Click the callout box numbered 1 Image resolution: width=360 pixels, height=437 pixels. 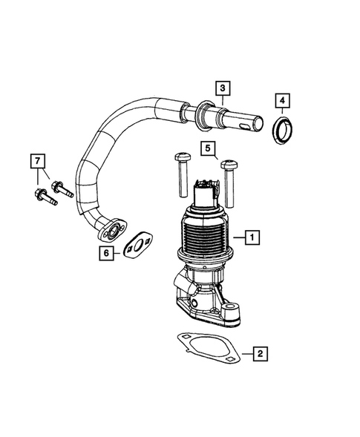253,238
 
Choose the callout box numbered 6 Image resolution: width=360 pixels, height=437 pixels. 108,253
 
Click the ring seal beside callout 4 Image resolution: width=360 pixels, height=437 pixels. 281,131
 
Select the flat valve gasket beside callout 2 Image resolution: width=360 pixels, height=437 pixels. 207,349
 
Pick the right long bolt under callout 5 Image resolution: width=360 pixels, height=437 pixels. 231,182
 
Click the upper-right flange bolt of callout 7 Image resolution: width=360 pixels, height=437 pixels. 61,187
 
